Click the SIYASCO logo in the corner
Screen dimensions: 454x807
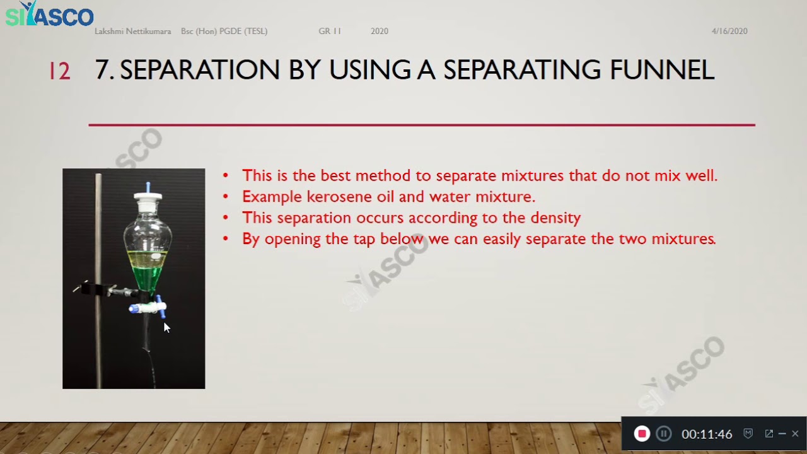tap(49, 15)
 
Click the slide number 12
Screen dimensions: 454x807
tap(59, 71)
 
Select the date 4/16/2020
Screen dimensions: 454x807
tap(729, 31)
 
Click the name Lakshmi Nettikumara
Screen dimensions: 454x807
tap(132, 31)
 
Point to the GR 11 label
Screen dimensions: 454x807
tap(329, 31)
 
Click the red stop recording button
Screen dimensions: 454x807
tap(642, 434)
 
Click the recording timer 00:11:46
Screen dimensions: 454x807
tap(706, 434)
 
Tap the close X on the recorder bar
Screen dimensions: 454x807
tap(795, 434)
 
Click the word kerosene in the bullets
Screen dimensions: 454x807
tap(339, 197)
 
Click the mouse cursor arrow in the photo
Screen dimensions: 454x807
tap(166, 327)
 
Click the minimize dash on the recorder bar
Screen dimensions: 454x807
tap(782, 434)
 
